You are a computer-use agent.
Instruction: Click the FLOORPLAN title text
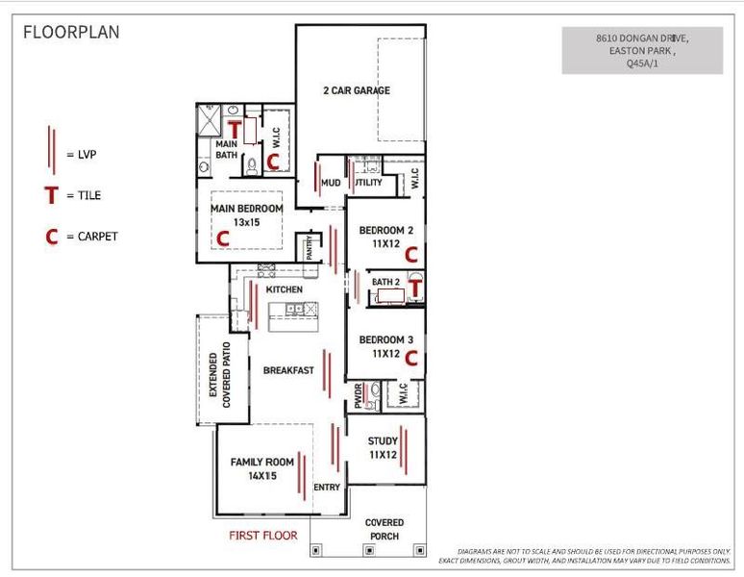(x=71, y=32)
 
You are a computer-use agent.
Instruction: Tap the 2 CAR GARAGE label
(x=356, y=90)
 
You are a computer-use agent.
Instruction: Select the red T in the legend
(x=51, y=195)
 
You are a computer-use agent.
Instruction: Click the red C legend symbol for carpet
(x=51, y=237)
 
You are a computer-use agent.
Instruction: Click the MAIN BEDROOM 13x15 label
(x=247, y=214)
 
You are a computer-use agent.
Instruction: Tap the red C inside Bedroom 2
(x=410, y=255)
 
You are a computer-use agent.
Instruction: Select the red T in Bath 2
(x=415, y=287)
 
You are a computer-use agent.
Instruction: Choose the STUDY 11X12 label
(x=383, y=448)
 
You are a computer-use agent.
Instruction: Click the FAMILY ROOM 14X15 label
(x=260, y=468)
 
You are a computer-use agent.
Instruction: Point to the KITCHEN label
(x=285, y=289)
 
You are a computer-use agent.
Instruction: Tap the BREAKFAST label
(x=288, y=370)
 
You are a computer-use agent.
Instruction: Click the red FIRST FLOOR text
(x=262, y=535)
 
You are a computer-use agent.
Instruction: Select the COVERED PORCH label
(x=384, y=529)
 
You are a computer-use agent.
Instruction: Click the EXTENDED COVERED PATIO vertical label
(x=220, y=375)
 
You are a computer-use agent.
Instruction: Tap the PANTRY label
(x=310, y=247)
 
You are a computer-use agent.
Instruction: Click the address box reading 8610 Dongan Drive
(x=642, y=51)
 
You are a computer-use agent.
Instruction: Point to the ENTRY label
(x=327, y=488)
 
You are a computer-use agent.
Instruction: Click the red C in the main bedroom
(x=223, y=237)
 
